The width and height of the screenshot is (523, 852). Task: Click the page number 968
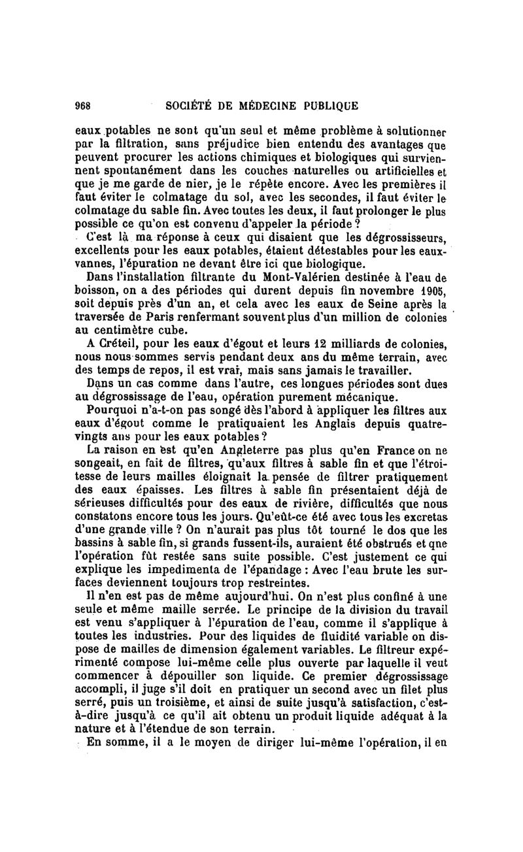point(83,105)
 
